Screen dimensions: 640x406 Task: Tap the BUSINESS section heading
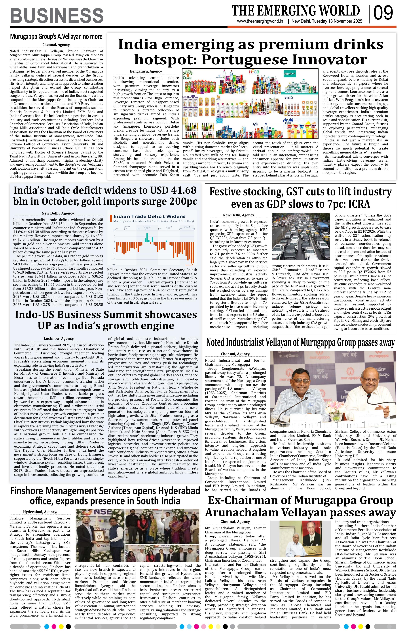coord(57,15)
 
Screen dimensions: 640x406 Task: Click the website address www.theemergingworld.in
coord(260,21)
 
